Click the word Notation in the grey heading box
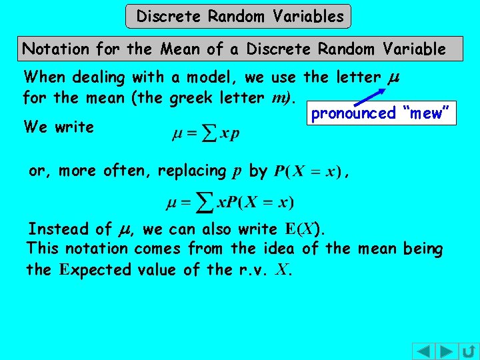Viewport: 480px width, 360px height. pos(56,49)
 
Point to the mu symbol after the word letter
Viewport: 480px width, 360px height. pos(393,78)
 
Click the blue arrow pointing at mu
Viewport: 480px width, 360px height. pos(370,95)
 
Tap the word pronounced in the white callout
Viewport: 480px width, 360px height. pos(353,113)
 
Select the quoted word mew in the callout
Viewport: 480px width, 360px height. pos(427,113)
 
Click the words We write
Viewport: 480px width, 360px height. pos(58,126)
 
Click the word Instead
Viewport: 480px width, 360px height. pos(58,229)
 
